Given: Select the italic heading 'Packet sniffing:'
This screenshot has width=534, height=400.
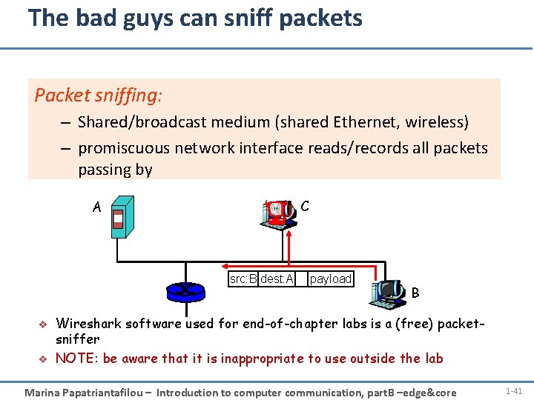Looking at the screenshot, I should [98, 96].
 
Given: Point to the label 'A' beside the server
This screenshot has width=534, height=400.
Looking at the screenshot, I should [96, 207].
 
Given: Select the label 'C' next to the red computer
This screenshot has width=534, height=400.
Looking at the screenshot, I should [306, 206].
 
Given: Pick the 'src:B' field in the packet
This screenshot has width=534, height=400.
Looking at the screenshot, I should [243, 279].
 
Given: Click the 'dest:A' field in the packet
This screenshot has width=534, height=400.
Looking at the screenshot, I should [277, 279].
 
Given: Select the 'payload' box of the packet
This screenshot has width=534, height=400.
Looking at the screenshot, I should [330, 279].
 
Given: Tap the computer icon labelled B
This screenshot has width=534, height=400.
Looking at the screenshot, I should [387, 293].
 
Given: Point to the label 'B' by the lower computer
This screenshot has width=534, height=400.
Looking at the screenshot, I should [415, 293].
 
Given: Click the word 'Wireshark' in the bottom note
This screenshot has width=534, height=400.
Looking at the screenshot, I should [89, 324].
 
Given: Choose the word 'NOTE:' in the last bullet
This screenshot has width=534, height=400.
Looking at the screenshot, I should [77, 359].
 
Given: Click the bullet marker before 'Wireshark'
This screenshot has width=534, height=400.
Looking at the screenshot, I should [42, 324].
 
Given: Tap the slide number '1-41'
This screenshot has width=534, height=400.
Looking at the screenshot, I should [513, 390].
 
